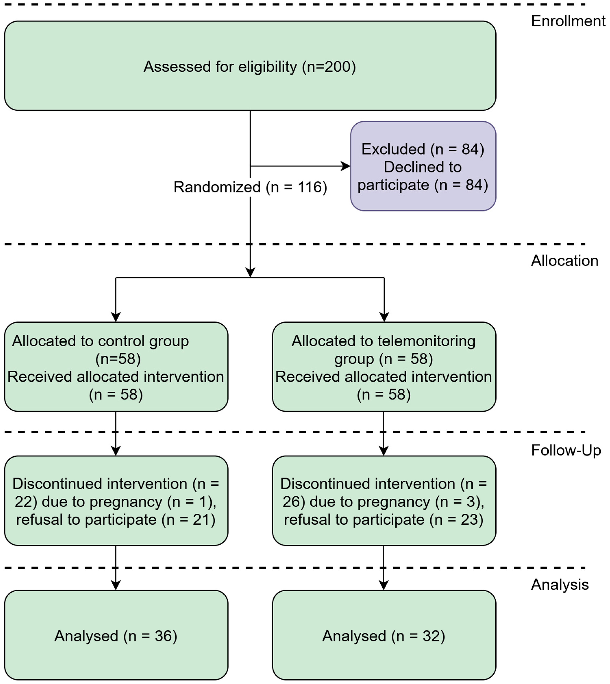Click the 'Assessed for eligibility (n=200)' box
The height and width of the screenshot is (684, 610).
click(x=250, y=66)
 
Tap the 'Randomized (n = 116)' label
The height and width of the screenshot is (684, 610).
click(x=250, y=187)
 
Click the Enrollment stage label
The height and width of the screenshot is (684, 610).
click(x=568, y=21)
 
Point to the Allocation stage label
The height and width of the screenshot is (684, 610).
click(x=564, y=261)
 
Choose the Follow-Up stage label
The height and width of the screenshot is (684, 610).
click(x=566, y=451)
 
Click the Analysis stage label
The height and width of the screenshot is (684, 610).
click(x=560, y=585)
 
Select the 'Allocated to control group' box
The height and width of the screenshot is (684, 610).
click(x=116, y=367)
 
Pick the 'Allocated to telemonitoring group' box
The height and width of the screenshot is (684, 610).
click(x=384, y=367)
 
